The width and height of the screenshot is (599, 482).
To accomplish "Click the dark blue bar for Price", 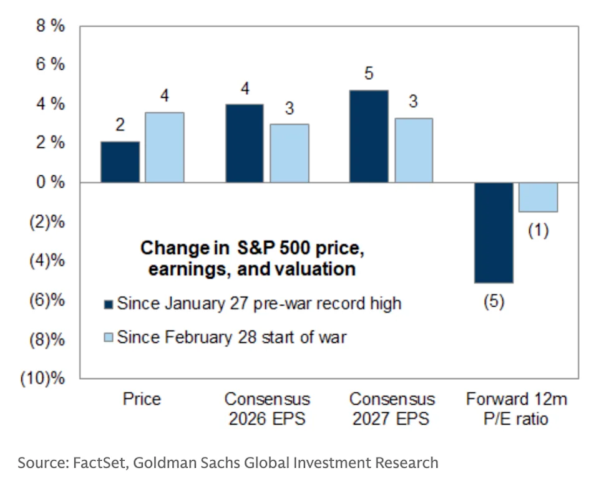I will (120, 162).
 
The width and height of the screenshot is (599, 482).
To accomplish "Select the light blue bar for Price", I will (165, 147).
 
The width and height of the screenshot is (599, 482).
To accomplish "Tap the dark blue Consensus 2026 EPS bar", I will (245, 143).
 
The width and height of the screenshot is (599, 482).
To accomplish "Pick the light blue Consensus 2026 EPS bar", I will (289, 153).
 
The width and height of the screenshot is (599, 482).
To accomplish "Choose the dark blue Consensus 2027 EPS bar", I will (369, 137).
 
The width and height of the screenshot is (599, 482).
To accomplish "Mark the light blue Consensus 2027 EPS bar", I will (413, 150).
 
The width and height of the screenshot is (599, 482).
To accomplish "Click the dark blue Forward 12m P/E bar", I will (494, 232).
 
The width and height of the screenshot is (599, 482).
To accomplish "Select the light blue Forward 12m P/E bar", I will (538, 197).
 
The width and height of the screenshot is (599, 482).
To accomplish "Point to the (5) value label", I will (494, 302).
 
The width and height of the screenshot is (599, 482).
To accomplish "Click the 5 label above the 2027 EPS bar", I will (369, 74).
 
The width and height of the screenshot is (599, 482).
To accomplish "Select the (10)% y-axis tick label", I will (44, 379).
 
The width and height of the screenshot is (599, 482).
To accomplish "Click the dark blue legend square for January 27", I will (107, 304).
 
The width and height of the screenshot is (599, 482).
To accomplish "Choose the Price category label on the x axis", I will (142, 399).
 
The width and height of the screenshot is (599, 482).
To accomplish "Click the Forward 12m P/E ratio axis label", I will (516, 408).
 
